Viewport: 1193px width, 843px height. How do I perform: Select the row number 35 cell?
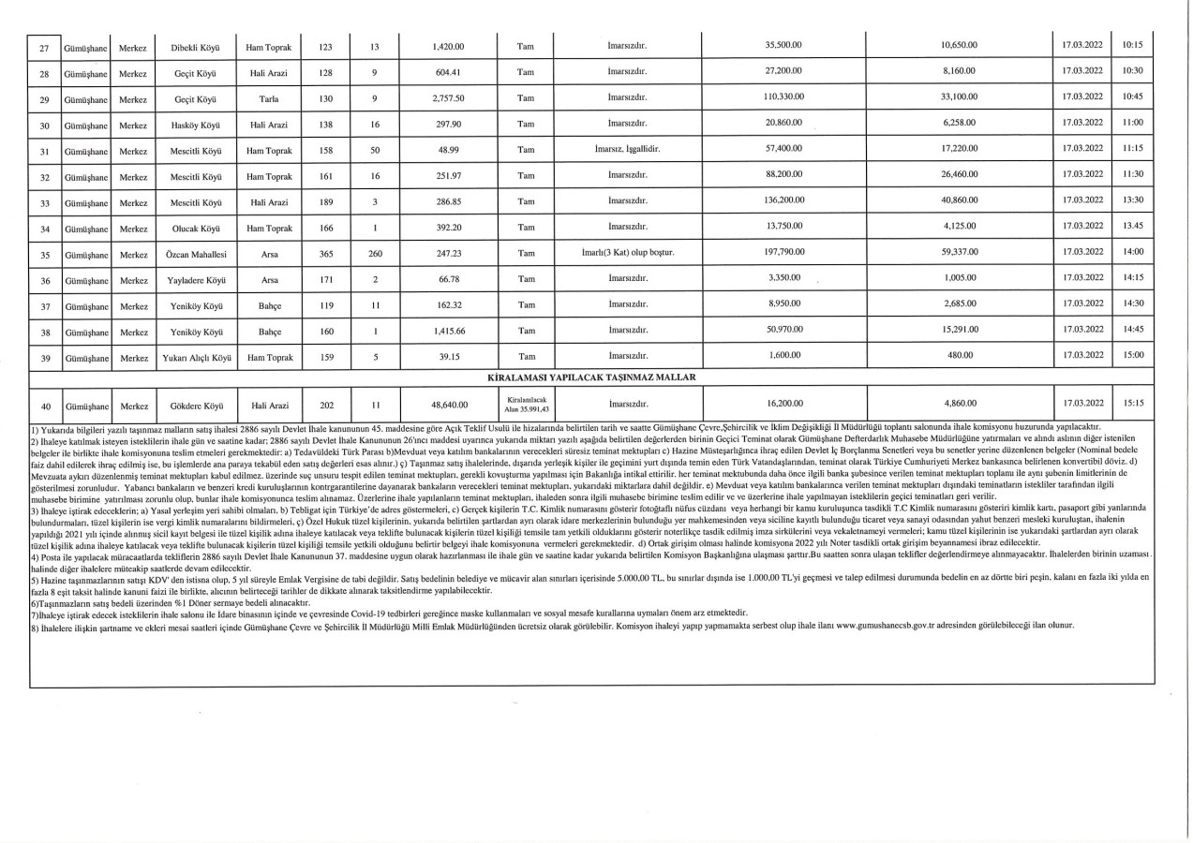click(43, 254)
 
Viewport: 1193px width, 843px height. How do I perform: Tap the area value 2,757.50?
click(448, 97)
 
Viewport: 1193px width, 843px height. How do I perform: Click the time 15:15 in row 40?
click(1132, 403)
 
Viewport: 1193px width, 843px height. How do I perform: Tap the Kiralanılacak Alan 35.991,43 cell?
click(526, 404)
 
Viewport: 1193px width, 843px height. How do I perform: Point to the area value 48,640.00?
click(448, 405)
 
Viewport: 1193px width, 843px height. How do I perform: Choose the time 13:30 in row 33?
click(1132, 200)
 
